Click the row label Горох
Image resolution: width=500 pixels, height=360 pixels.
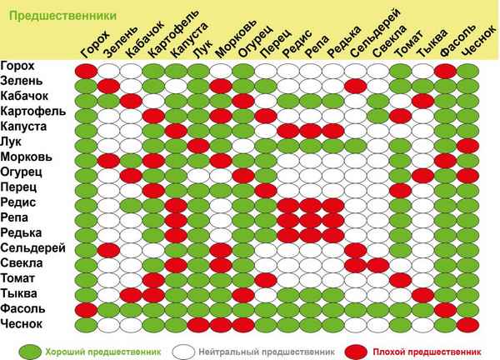click(18, 68)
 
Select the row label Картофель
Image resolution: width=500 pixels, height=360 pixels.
click(32, 112)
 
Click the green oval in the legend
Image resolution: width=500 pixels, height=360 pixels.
click(30, 349)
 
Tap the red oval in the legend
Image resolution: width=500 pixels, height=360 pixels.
click(355, 349)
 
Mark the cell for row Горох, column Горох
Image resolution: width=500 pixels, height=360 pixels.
click(85, 69)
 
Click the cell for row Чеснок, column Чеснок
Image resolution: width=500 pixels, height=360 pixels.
click(467, 324)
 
